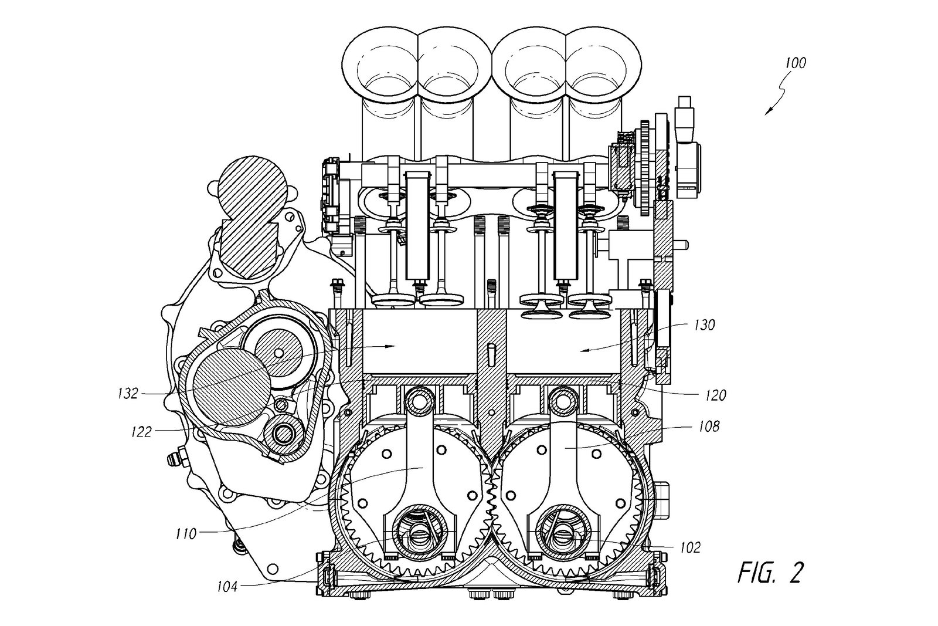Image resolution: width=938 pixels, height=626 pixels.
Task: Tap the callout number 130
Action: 704,325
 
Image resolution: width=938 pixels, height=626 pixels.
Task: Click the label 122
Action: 141,432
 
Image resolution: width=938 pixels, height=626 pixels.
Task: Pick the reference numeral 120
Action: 715,395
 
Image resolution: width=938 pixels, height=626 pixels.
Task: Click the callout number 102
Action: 690,547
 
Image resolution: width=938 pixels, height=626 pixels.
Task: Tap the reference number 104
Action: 226,585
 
